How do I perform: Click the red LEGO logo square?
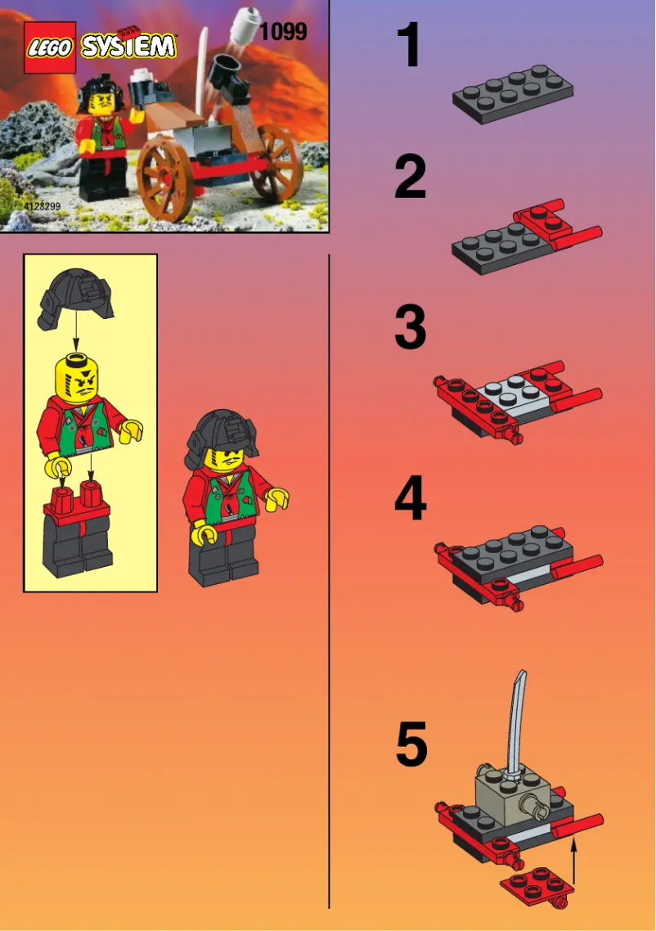pyautogui.click(x=50, y=47)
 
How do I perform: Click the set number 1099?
pyautogui.click(x=283, y=32)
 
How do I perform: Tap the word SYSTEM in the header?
pyautogui.click(x=128, y=47)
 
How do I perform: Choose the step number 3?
pyautogui.click(x=411, y=328)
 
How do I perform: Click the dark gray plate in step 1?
pyautogui.click(x=513, y=93)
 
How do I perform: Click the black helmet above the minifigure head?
pyautogui.click(x=77, y=299)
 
